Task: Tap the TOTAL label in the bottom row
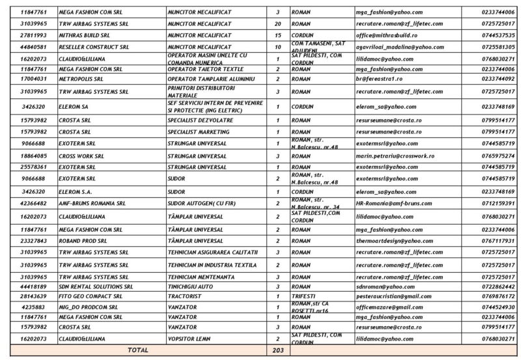[x=138, y=350]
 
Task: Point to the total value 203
[x=278, y=350]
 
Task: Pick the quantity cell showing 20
[x=278, y=23]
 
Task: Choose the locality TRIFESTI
[x=303, y=296]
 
